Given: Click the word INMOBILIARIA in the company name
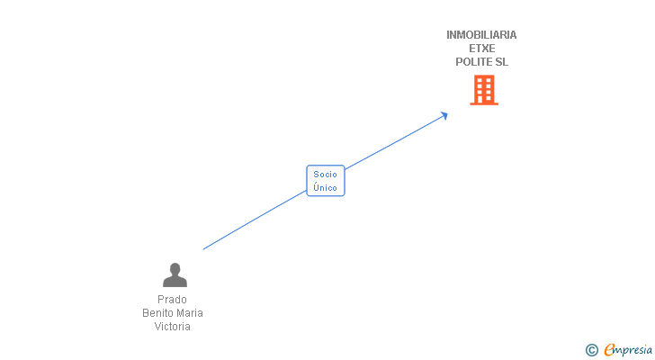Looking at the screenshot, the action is point(481,35).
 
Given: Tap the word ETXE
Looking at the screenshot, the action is point(481,49).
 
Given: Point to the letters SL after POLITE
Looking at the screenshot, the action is point(501,62).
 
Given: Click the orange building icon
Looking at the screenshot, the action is point(484,90).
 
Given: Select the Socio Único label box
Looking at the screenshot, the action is point(326,181).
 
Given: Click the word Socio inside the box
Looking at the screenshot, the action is point(326,175).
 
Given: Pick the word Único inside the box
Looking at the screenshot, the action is point(326,188).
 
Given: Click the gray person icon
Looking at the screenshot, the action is point(175,274).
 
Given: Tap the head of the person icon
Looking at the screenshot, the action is point(175,268).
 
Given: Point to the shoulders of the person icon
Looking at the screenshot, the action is point(175,282).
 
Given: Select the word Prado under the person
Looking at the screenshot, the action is point(172,300).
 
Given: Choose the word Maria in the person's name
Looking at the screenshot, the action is point(189,313).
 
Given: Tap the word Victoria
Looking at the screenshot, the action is point(172,327).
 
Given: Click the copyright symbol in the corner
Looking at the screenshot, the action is point(591,350).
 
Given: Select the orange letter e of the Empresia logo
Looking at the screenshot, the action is point(609,350).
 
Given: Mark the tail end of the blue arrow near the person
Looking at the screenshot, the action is point(205,248).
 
